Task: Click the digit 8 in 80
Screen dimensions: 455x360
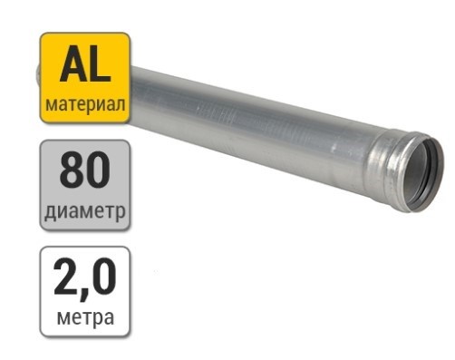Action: coord(72,170)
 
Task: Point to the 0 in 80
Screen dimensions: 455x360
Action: coord(98,170)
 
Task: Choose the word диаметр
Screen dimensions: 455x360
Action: coord(85,210)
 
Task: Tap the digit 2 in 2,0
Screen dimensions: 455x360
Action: coord(65,277)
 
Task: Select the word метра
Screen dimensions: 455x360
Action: coord(85,317)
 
